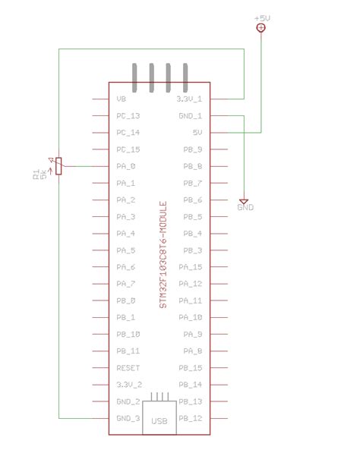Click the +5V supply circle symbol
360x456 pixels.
point(261,28)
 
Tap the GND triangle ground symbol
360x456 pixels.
point(245,200)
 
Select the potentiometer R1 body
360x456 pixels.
point(59,166)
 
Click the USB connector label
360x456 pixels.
point(159,421)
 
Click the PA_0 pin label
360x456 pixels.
point(126,166)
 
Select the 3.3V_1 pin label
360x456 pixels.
point(189,99)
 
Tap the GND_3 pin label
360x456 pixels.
point(128,418)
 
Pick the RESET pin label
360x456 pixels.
point(128,368)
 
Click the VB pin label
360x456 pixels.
point(122,99)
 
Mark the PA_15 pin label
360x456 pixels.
point(191,267)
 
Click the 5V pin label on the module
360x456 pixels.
point(196,133)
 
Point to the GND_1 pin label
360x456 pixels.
point(190,116)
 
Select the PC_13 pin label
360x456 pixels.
point(128,116)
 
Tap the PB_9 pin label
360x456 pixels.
point(193,149)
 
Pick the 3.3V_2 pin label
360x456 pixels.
point(128,385)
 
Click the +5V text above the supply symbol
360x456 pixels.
point(261,17)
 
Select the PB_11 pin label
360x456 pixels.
point(128,351)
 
